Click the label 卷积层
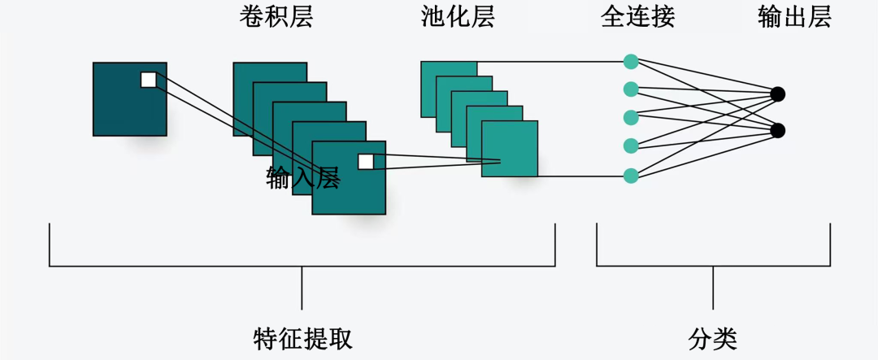click(x=276, y=17)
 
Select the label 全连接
click(x=638, y=17)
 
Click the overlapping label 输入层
click(x=302, y=179)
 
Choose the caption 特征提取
click(x=302, y=338)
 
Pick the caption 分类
click(x=713, y=338)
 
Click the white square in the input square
click(x=148, y=79)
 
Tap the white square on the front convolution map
click(x=366, y=161)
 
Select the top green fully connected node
click(x=631, y=61)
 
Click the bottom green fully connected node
click(x=631, y=176)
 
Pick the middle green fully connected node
click(x=631, y=118)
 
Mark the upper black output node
click(x=777, y=94)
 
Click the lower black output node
click(x=777, y=130)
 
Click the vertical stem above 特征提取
click(x=302, y=288)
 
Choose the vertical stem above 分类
click(x=713, y=288)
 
